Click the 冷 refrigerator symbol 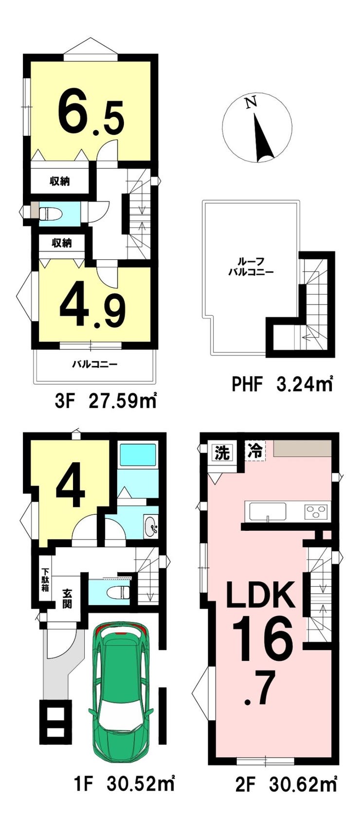[255, 451]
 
